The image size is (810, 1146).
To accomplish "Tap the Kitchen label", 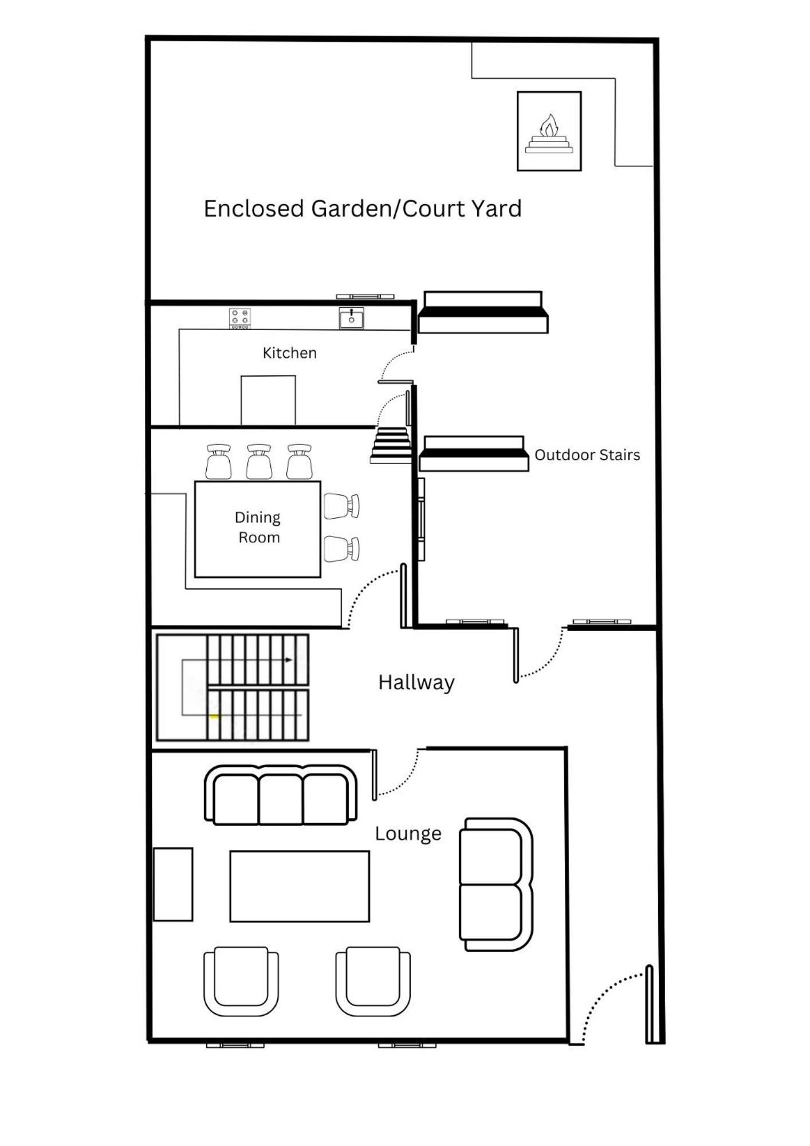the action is (x=289, y=353).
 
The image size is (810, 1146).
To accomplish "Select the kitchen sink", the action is (x=351, y=318).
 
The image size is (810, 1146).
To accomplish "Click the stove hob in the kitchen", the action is (x=239, y=318).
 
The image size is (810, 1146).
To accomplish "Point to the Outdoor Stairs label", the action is (x=587, y=455).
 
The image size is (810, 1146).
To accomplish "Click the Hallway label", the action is (x=416, y=682).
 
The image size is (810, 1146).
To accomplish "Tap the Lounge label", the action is (x=408, y=834).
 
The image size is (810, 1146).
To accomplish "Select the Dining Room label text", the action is (x=258, y=527).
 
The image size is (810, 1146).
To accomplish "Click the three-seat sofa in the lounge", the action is (x=281, y=795).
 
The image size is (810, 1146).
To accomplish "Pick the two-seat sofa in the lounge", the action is (x=496, y=885).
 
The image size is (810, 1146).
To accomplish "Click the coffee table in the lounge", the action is (x=300, y=886).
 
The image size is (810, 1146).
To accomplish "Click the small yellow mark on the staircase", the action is (x=214, y=717).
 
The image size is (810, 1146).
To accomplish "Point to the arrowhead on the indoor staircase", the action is (x=289, y=660).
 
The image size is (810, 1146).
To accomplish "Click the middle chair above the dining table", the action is (x=259, y=461).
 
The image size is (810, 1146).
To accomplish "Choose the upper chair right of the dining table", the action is (x=341, y=506).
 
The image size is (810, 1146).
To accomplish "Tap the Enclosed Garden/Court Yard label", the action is (x=363, y=209).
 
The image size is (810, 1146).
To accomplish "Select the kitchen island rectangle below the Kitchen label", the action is (x=268, y=400).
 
